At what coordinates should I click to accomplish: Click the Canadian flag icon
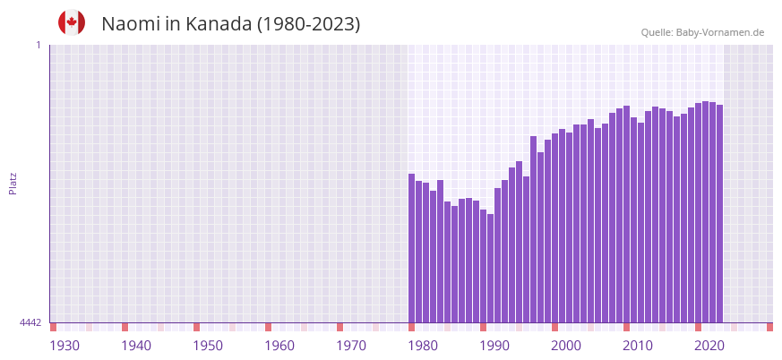coord(72,22)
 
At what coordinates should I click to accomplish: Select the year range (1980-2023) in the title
coord(308,24)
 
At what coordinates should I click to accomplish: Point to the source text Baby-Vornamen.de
coord(719,32)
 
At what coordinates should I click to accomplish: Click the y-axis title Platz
coord(13,183)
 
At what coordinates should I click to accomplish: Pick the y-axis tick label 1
coord(38,45)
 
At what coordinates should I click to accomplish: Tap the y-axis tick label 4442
coord(30,322)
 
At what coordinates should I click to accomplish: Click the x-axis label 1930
coord(64,346)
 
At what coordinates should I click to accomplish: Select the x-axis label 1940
coord(136,346)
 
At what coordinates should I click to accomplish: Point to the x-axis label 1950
coord(208,346)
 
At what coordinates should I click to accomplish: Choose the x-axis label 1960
coord(279,346)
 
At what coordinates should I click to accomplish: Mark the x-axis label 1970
coord(351,346)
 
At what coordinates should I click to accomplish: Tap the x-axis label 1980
coord(423,346)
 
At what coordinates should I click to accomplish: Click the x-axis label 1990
coord(494,346)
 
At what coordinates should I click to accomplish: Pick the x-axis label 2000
coord(566,346)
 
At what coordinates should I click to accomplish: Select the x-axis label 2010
coord(638,346)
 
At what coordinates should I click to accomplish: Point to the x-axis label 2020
coord(709,346)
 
